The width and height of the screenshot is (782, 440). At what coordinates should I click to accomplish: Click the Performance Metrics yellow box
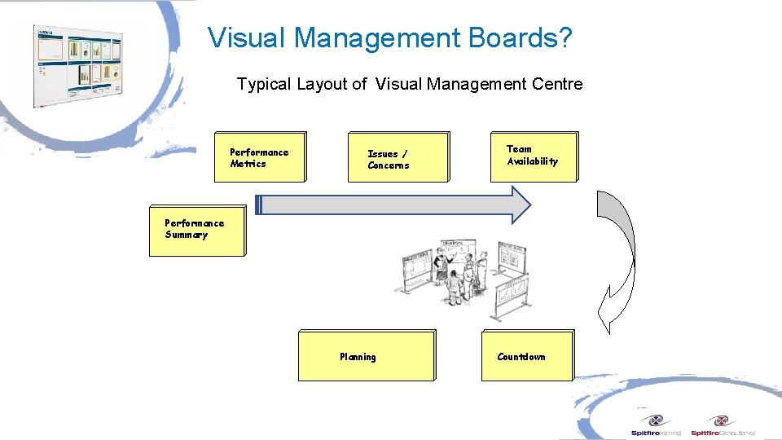[x=260, y=157]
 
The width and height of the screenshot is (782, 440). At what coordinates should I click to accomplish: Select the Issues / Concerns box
[x=398, y=157]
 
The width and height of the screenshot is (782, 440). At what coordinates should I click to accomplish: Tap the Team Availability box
[x=534, y=156]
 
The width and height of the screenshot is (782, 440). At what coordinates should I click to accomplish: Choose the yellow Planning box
[x=366, y=356]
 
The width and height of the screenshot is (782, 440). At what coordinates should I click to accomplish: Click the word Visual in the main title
[x=246, y=37]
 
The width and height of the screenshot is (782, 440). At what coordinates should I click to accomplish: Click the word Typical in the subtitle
[x=263, y=84]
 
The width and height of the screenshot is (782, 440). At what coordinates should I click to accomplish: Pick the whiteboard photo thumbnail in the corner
[x=77, y=65]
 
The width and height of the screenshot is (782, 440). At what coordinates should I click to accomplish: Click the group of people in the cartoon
[x=461, y=276]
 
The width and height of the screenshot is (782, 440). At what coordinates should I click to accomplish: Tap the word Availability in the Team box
[x=533, y=161]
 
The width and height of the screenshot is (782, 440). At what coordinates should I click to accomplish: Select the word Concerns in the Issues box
[x=389, y=165]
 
